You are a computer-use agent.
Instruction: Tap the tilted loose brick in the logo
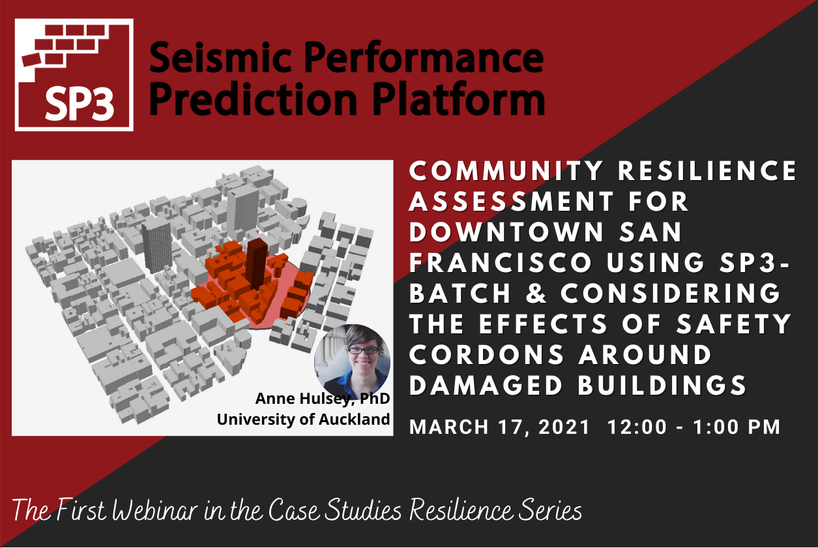tap(31, 59)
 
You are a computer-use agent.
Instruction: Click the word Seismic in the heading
tap(220, 57)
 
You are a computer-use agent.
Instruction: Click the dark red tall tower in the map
tap(257, 264)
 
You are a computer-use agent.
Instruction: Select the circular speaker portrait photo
tap(352, 362)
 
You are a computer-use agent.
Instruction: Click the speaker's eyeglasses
tap(362, 350)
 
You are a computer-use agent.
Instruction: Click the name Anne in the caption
tap(275, 399)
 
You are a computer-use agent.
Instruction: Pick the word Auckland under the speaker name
tap(354, 419)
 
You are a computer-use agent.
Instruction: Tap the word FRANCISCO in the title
tap(501, 262)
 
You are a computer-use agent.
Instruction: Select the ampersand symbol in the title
tap(536, 293)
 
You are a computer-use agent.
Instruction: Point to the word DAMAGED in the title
tap(486, 385)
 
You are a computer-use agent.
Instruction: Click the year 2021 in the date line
tap(564, 427)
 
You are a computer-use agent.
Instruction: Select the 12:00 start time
tap(637, 427)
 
